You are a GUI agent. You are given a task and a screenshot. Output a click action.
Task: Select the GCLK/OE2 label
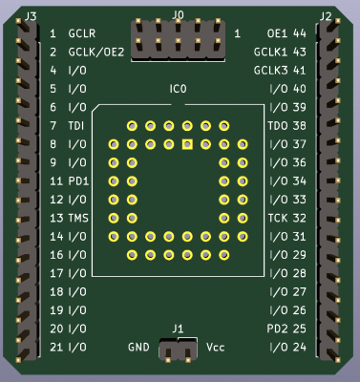(x=96, y=53)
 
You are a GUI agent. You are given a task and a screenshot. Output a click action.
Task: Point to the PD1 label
(x=78, y=180)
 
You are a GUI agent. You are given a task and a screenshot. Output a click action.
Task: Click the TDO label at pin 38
(x=278, y=126)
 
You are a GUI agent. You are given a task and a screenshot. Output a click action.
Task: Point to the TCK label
(x=278, y=218)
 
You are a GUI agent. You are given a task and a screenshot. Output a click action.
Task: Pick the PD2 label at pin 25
(x=278, y=328)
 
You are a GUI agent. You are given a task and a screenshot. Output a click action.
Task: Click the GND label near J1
(x=138, y=346)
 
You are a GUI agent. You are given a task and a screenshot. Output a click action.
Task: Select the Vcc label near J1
(x=216, y=346)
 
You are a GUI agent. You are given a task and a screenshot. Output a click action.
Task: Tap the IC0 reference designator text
(x=178, y=89)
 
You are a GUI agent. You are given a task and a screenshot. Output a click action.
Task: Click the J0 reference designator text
(x=178, y=14)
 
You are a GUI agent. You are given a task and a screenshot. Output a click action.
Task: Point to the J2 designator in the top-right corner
(x=326, y=15)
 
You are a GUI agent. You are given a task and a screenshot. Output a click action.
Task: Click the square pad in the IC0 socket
(x=187, y=144)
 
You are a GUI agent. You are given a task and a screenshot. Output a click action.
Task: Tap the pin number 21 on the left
(x=55, y=346)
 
